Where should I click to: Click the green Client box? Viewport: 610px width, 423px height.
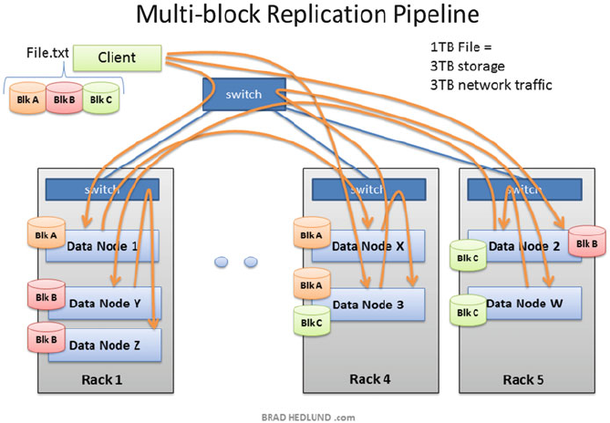click(117, 58)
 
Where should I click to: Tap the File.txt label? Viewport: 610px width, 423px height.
click(47, 53)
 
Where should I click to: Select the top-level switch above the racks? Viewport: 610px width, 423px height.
click(243, 94)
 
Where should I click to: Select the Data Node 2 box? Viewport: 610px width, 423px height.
click(523, 245)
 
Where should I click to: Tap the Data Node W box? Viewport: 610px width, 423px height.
click(523, 303)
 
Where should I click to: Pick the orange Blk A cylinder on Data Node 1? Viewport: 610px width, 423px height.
click(45, 235)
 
